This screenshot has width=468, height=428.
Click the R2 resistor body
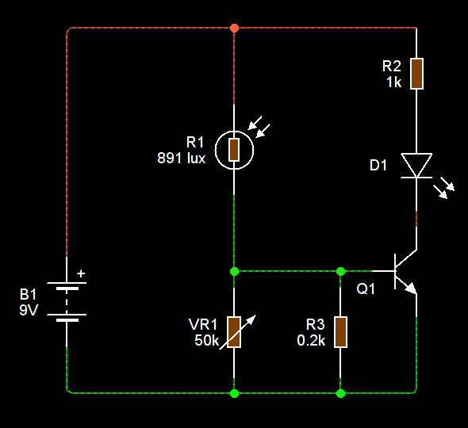[416, 73]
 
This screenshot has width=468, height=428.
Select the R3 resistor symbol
[340, 331]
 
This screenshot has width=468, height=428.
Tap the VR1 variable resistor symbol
[234, 332]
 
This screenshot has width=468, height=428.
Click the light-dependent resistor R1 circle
[234, 148]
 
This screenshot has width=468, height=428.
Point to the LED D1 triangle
[416, 166]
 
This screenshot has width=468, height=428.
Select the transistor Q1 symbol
[405, 272]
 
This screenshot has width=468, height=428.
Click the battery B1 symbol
[67, 300]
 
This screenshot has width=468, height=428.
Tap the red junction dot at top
[233, 29]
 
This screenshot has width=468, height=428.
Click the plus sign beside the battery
[81, 275]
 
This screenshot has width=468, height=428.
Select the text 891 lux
[182, 158]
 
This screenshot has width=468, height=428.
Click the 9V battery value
[29, 310]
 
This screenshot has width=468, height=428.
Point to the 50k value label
[205, 340]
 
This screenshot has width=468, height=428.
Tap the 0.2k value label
[311, 340]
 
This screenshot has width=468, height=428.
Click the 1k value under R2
[394, 82]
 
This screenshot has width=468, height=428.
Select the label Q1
[366, 290]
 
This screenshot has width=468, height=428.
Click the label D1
[378, 166]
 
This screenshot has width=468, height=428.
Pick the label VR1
[203, 324]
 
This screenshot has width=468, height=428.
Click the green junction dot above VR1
[234, 271]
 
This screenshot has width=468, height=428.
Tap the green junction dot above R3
[340, 271]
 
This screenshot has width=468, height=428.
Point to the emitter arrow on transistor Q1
[410, 289]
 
